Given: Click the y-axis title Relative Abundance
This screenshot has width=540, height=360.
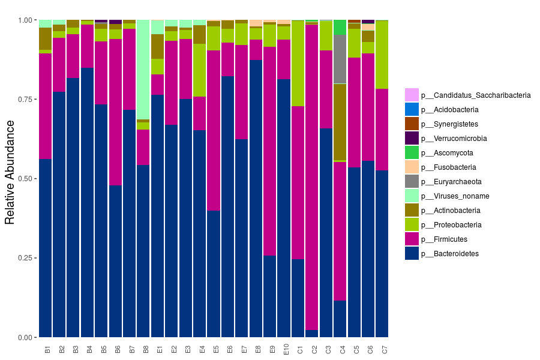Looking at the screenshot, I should point(10,172).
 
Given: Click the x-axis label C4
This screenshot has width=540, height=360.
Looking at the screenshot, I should point(341,349).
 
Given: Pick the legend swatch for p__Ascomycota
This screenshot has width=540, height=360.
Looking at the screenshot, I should point(412,153).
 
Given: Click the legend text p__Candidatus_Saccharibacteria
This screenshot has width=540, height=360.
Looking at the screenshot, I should point(475,95).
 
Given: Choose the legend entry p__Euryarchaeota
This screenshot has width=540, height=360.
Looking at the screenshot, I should point(451,182).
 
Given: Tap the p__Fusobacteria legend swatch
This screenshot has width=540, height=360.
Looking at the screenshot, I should point(412,167).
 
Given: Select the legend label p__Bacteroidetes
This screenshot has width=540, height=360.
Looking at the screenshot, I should point(450,254).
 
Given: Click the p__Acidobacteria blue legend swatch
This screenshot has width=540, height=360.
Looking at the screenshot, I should point(412,110).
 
